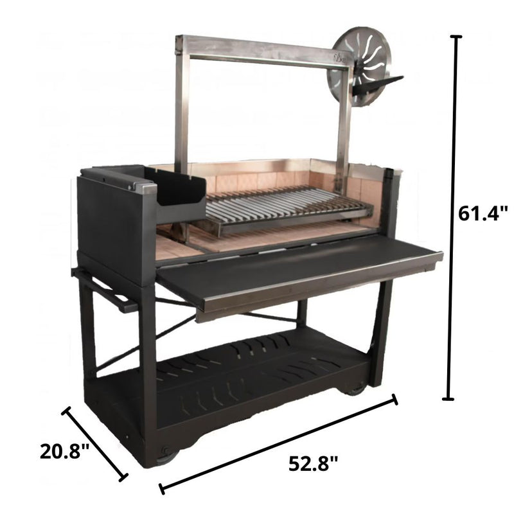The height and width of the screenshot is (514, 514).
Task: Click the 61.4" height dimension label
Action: click(483, 213)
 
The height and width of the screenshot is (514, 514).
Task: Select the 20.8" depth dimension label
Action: click(64, 451)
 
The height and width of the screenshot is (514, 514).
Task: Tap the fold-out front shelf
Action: click(299, 270)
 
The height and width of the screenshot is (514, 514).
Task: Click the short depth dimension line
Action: click(95, 443)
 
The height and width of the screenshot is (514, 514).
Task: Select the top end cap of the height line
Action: click(457, 37)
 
